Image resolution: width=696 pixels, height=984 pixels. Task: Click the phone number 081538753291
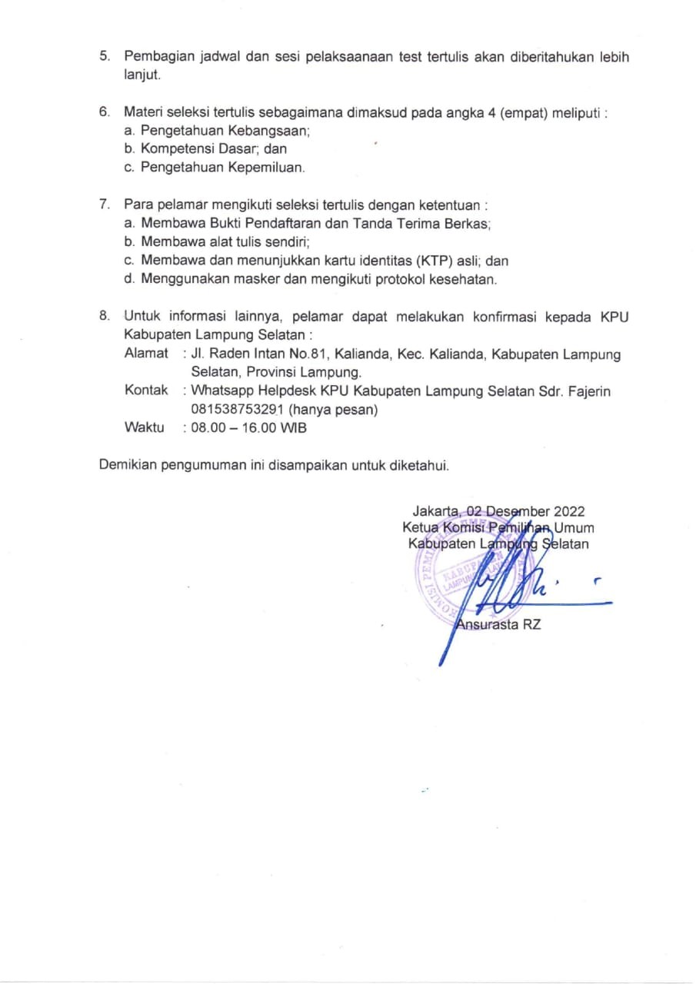pyautogui.click(x=238, y=410)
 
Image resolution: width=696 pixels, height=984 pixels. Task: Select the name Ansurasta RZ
pyautogui.click(x=498, y=624)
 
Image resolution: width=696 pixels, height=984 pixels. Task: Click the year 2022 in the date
pyautogui.click(x=569, y=511)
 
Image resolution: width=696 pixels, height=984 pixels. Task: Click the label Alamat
pyautogui.click(x=146, y=354)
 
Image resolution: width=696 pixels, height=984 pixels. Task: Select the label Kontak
pyautogui.click(x=146, y=391)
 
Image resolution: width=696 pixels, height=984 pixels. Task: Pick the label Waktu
pyautogui.click(x=144, y=427)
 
